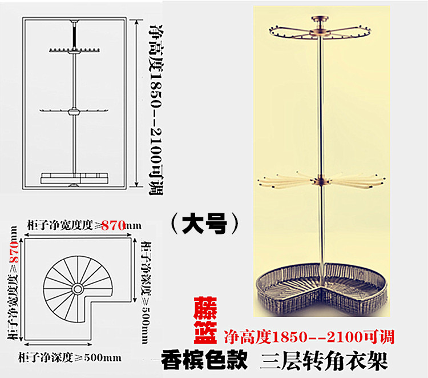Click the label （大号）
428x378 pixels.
pos(204,223)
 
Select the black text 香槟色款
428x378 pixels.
pos(204,360)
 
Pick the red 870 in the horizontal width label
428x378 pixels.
pos(113,226)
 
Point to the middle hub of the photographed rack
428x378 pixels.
pos(321,180)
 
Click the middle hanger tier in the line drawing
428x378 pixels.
pos(74,110)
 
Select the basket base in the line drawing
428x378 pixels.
pos(74,177)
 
